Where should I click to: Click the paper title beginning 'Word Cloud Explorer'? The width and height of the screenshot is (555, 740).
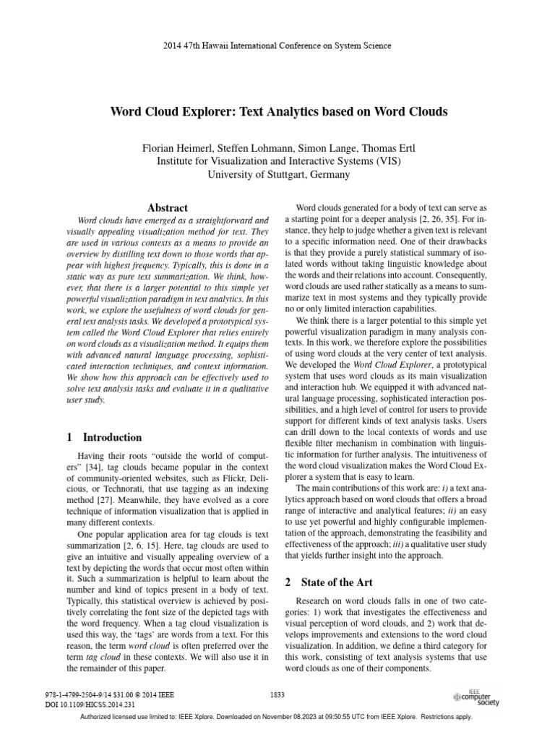click(x=278, y=112)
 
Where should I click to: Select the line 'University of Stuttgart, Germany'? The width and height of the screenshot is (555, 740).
click(x=278, y=174)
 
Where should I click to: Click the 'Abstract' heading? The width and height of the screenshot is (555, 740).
click(x=168, y=207)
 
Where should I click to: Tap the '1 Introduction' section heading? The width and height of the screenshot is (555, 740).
click(x=104, y=437)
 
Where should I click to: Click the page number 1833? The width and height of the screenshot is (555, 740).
click(x=277, y=694)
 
